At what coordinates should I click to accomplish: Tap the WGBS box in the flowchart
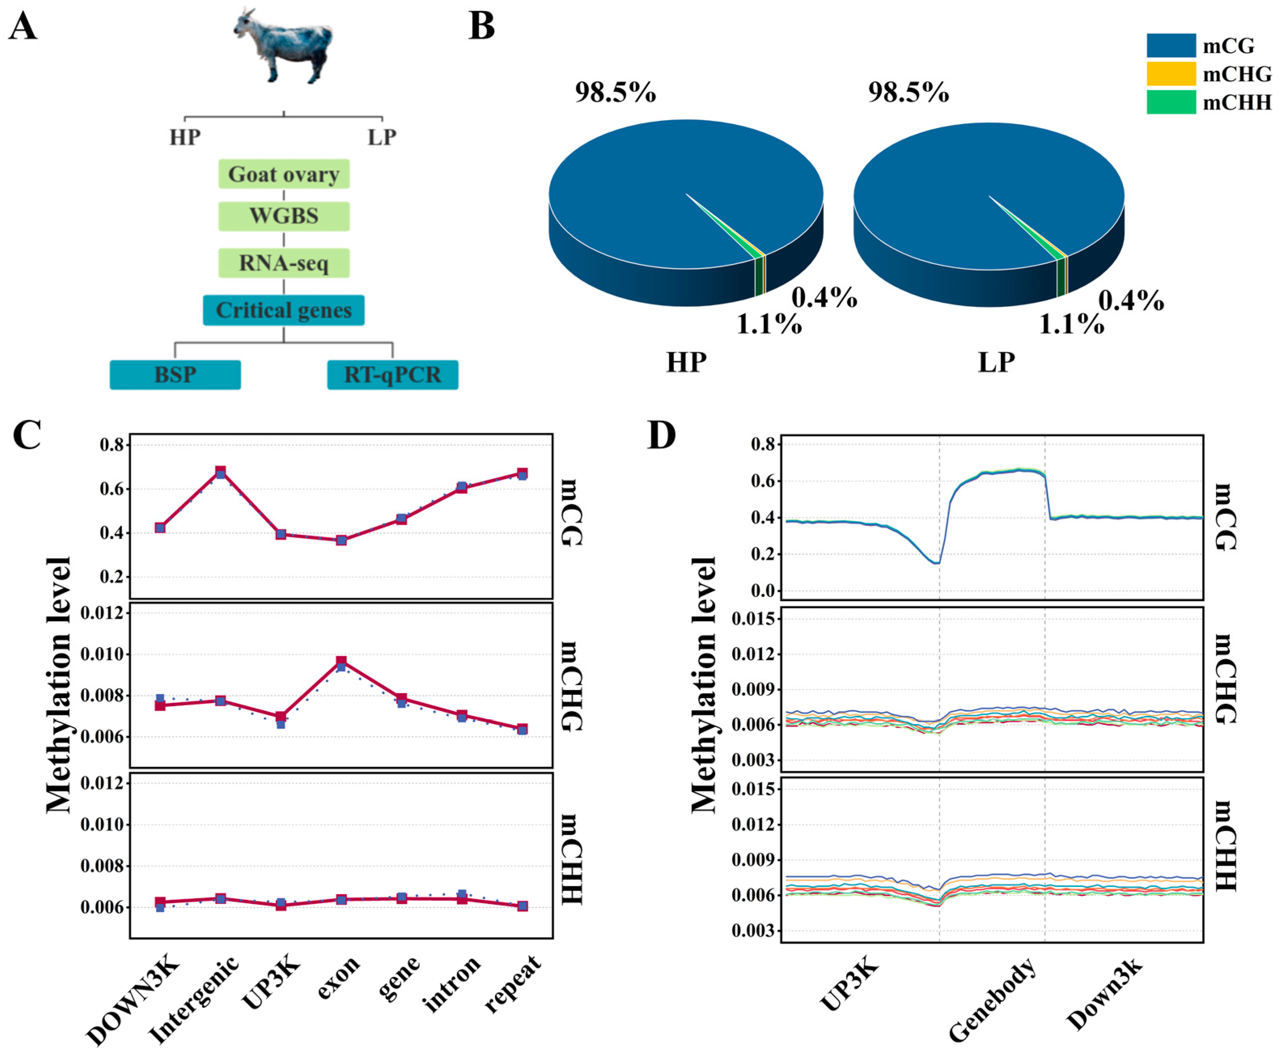pos(284,216)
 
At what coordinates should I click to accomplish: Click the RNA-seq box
pos(284,263)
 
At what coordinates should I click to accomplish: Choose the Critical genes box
pos(284,310)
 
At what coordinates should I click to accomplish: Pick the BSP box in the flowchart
pos(175,375)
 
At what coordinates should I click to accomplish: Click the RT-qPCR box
pos(392,375)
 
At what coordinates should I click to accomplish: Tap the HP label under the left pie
pos(686,362)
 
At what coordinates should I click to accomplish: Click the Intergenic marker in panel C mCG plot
pos(220,472)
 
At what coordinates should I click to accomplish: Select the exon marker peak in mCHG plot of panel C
pos(341,662)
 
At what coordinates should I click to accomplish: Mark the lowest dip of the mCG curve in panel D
pos(936,563)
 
